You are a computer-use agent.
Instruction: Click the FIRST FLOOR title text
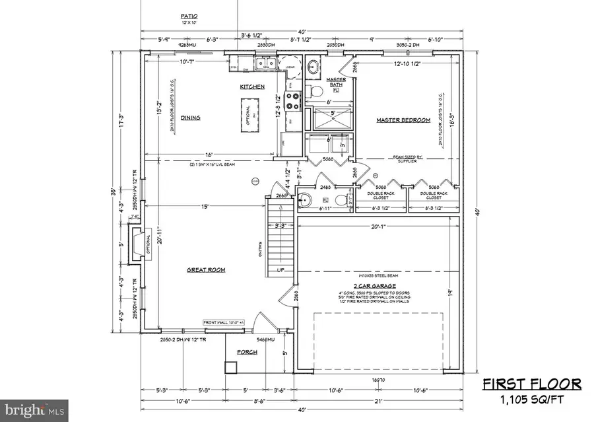(531, 384)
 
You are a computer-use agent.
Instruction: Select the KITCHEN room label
(252, 87)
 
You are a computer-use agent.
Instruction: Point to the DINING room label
(190, 118)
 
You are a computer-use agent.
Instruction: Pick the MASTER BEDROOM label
(403, 120)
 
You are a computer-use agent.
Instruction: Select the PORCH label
(246, 352)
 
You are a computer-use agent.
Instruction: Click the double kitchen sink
(265, 64)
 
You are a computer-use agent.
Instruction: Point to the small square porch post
(231, 367)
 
